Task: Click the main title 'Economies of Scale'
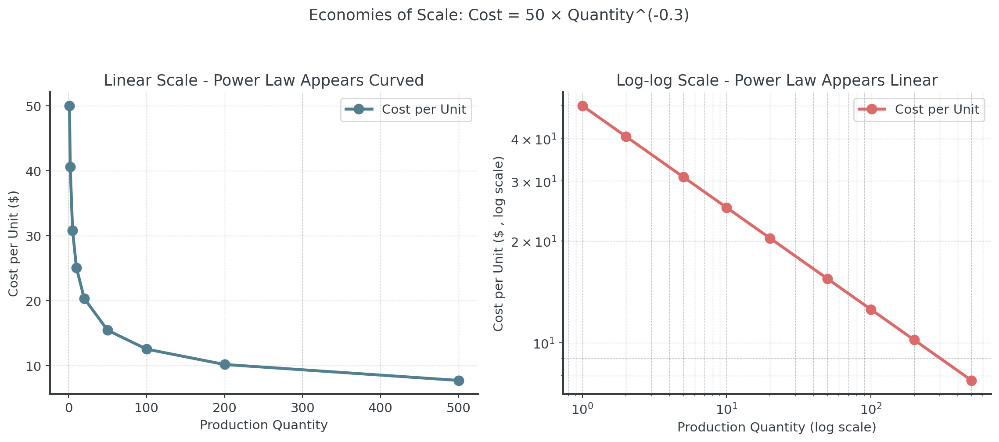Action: click(499, 15)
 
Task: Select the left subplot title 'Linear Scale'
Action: click(263, 80)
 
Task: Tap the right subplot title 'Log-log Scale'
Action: click(777, 80)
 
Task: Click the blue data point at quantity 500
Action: click(458, 381)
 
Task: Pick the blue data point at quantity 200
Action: click(225, 364)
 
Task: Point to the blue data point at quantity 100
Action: click(147, 349)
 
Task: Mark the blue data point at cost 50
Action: click(69, 106)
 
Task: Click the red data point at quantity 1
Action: click(582, 106)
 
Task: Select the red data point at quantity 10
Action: click(726, 208)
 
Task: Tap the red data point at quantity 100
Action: click(871, 310)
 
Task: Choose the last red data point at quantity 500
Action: click(971, 381)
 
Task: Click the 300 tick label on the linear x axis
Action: click(302, 408)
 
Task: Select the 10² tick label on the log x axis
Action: click(871, 409)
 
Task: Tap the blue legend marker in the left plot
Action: click(359, 109)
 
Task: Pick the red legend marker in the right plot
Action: click(872, 109)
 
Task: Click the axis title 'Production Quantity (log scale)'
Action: click(777, 427)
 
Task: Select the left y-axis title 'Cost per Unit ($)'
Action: click(14, 244)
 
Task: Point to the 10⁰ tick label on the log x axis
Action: click(582, 409)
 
